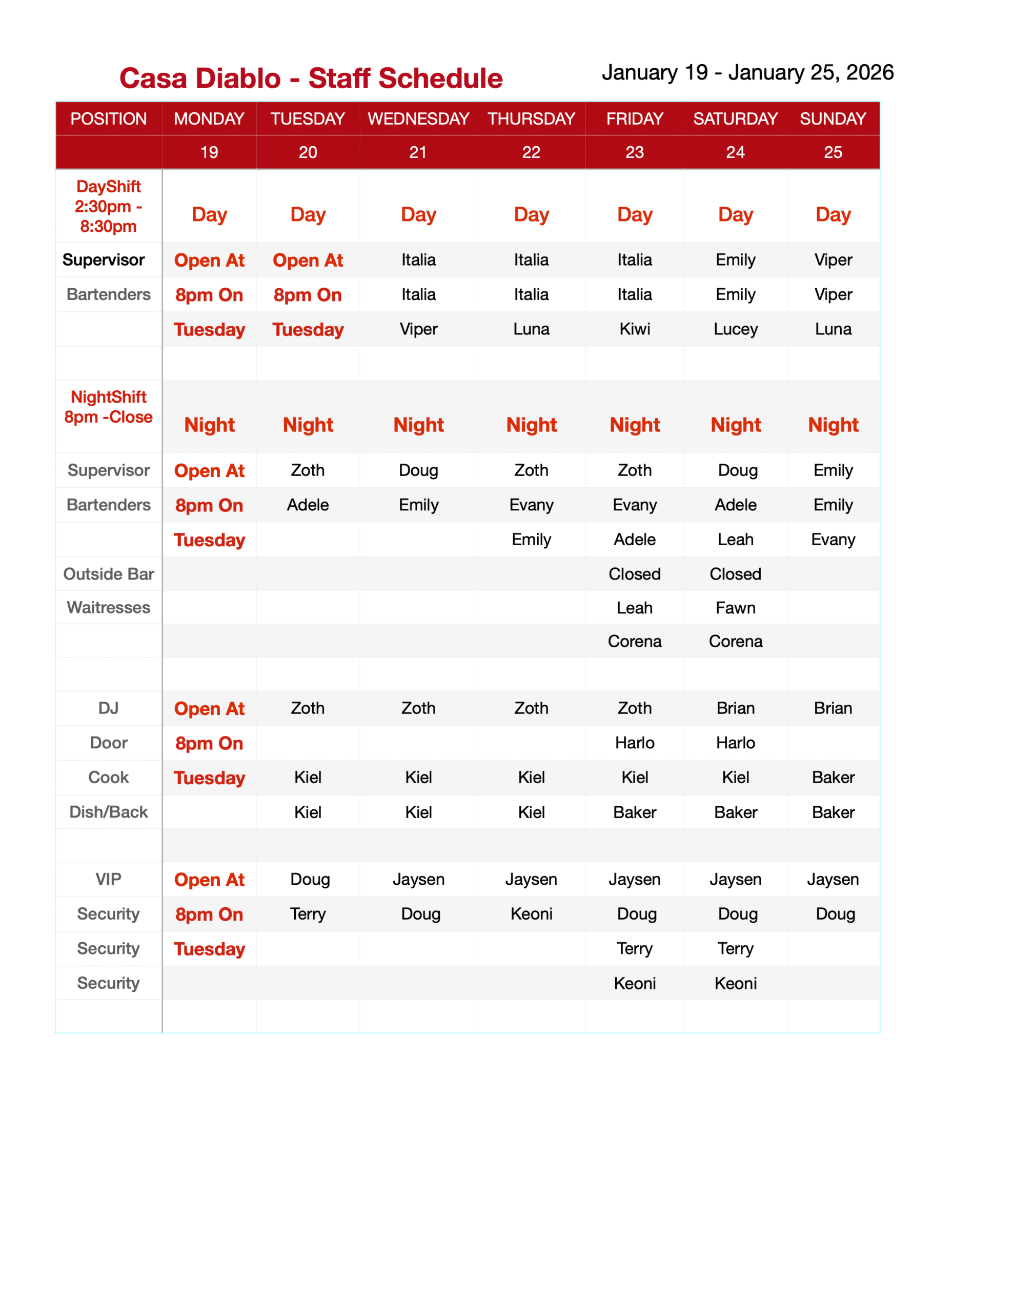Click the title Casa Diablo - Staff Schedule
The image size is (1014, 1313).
(x=311, y=78)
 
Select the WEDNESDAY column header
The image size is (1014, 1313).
(x=418, y=118)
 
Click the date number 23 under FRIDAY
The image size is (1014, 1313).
(x=634, y=152)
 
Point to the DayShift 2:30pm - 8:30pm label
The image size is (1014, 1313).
(x=108, y=206)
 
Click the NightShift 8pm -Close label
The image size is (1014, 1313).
(x=108, y=407)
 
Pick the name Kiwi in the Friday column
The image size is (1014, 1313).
(x=634, y=329)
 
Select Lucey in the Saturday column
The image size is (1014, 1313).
(x=735, y=329)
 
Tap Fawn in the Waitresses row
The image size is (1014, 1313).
(x=735, y=608)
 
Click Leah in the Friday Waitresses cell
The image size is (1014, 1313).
(x=634, y=608)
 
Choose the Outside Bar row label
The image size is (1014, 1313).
(x=108, y=574)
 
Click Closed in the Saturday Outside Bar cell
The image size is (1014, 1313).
(x=735, y=574)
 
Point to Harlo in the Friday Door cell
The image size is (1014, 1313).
(x=634, y=743)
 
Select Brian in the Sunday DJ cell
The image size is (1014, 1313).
(x=833, y=708)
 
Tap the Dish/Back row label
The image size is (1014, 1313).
(x=108, y=812)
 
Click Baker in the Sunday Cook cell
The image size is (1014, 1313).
(x=833, y=778)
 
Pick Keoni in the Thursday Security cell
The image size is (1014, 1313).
(x=531, y=914)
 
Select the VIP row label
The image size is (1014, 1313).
(x=108, y=880)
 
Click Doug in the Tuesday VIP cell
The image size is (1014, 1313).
(x=310, y=880)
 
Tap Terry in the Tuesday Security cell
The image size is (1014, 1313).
(x=308, y=914)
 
